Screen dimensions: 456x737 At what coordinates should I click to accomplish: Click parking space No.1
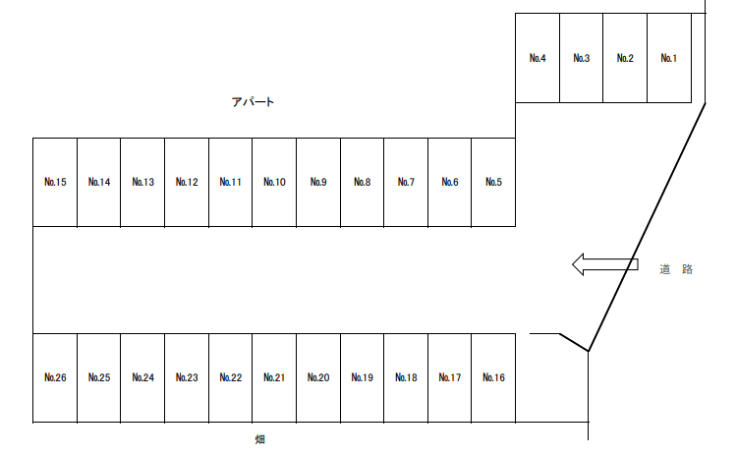coord(669,58)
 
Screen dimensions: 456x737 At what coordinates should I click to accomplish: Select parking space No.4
coord(538,58)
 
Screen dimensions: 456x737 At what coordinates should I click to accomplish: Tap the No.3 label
coord(581,58)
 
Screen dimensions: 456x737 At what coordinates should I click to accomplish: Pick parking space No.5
coord(493,182)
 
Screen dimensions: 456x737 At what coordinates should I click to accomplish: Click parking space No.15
coord(55,182)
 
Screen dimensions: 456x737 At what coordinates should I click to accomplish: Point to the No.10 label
coord(274,182)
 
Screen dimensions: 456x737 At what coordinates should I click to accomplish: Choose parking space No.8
coord(362,182)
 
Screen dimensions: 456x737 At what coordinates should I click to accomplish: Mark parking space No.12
coord(187,182)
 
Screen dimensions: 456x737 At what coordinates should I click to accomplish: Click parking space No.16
coord(493,377)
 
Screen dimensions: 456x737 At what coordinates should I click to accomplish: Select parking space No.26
coord(55,377)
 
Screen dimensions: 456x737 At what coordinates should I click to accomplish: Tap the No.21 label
coord(274,377)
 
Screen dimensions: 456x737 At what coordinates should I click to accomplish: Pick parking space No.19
coord(362,377)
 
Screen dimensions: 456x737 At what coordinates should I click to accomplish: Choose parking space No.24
coord(142,377)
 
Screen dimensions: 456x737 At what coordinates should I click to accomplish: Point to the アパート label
coord(253,101)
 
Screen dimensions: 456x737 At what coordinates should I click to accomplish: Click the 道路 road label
coord(676,268)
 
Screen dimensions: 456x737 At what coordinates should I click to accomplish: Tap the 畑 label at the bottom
coord(259,439)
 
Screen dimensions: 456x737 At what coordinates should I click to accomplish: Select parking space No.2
coord(625,58)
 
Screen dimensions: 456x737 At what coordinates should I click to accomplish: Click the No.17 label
coord(450,377)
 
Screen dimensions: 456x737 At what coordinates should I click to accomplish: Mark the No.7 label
coord(406,182)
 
